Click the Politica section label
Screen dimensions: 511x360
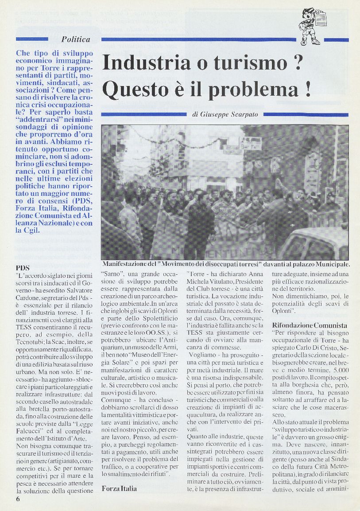pos(76,39)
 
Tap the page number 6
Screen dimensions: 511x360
pos(18,499)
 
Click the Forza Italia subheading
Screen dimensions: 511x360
pos(119,489)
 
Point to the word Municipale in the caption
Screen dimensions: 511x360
pos(331,264)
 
